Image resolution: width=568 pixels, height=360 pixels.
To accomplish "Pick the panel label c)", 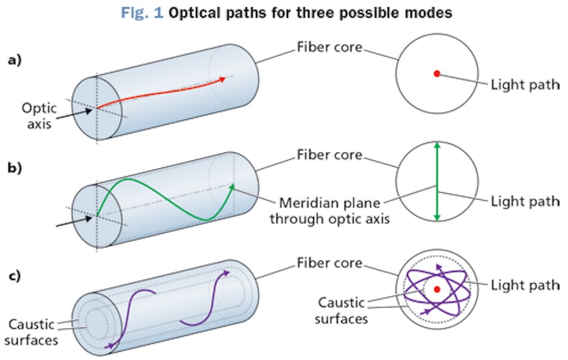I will coord(15,275).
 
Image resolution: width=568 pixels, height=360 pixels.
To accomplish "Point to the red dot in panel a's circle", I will coord(437,74).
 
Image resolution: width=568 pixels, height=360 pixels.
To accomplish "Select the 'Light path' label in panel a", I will coord(525,84).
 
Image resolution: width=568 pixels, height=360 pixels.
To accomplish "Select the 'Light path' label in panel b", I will coord(525,200).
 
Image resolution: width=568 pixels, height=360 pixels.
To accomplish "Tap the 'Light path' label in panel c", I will coord(525,284).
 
